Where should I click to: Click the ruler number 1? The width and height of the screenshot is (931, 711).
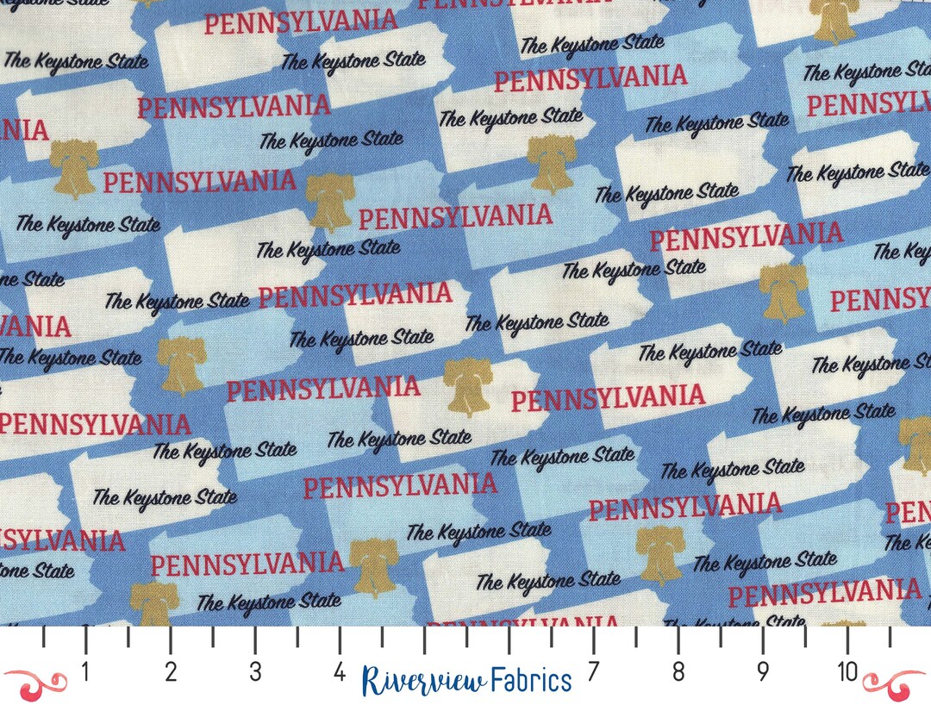85,672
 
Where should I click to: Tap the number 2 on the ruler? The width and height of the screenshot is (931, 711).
170,672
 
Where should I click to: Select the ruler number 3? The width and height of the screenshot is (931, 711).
255,672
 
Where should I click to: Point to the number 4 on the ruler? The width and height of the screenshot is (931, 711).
340,672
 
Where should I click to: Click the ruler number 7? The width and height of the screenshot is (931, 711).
593,672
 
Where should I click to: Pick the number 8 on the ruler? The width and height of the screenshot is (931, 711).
678,672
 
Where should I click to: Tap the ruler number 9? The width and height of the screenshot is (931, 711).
763,672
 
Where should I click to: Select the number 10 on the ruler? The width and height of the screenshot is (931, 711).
847,672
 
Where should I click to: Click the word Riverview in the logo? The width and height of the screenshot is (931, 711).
423,680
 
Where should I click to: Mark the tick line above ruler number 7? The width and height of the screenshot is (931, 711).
593,639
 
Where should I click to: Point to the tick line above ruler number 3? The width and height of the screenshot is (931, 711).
255,639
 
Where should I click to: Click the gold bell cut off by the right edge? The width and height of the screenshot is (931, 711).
915,446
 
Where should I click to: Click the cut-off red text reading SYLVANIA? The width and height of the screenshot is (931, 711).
62,541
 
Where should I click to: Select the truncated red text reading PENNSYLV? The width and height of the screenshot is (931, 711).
868,105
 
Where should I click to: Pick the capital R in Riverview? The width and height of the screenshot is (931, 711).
373,680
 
